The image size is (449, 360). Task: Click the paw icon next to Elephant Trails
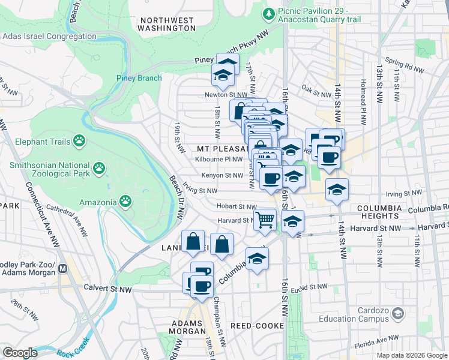[x=79, y=140]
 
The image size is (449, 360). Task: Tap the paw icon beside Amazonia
[x=125, y=200]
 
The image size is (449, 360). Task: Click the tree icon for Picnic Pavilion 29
[x=270, y=13]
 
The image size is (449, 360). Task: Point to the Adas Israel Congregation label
[x=49, y=36]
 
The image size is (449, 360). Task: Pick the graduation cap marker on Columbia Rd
[x=257, y=259]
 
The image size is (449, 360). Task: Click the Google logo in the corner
[x=20, y=353]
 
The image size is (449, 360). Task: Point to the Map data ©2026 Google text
[x=411, y=355]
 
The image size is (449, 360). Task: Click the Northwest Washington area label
[x=166, y=24]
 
